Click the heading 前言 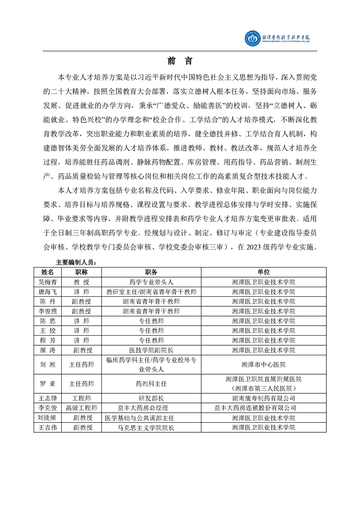pyautogui.click(x=179, y=61)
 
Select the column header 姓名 pyautogui.click(x=48, y=272)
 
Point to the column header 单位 pyautogui.click(x=263, y=272)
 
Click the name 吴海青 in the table pyautogui.click(x=48, y=282)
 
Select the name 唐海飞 pyautogui.click(x=48, y=292)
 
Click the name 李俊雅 pyautogui.click(x=48, y=311)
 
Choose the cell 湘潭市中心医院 pyautogui.click(x=263, y=364)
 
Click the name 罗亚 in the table pyautogui.click(x=48, y=384)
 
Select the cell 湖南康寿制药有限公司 pyautogui.click(x=263, y=398)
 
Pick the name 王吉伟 pyautogui.click(x=48, y=427)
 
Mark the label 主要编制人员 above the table pyautogui.click(x=76, y=262)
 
